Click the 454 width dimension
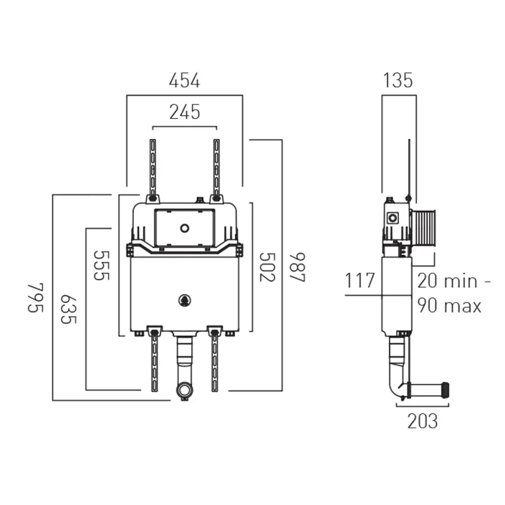tap(184, 81)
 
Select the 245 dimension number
tap(184, 112)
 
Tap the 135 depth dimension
tap(398, 81)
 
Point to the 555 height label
tap(102, 266)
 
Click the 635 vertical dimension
tap(69, 308)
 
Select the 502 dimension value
tap(268, 268)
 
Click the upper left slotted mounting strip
tap(152, 167)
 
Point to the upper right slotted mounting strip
tap(217, 167)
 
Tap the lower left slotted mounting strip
tap(153, 360)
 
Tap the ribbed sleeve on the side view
tap(424, 227)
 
